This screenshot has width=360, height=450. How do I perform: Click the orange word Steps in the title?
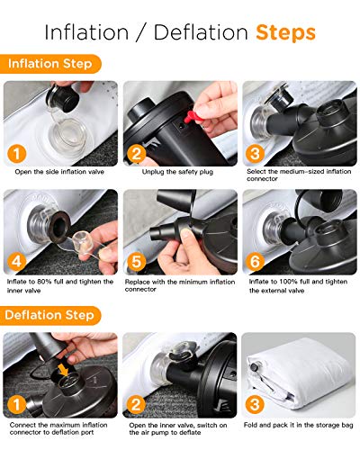tap(284, 33)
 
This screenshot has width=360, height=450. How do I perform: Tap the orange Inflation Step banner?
tap(50, 64)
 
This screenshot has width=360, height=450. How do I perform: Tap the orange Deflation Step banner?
tap(52, 316)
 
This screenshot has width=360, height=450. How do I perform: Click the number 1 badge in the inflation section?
tap(18, 154)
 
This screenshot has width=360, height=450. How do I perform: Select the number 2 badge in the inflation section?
tap(136, 154)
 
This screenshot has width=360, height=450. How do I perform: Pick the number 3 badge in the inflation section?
tap(256, 154)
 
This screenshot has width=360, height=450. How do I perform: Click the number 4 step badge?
tap(18, 263)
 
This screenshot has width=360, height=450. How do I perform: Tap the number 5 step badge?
tap(136, 263)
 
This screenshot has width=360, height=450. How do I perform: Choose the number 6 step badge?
tap(256, 263)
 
